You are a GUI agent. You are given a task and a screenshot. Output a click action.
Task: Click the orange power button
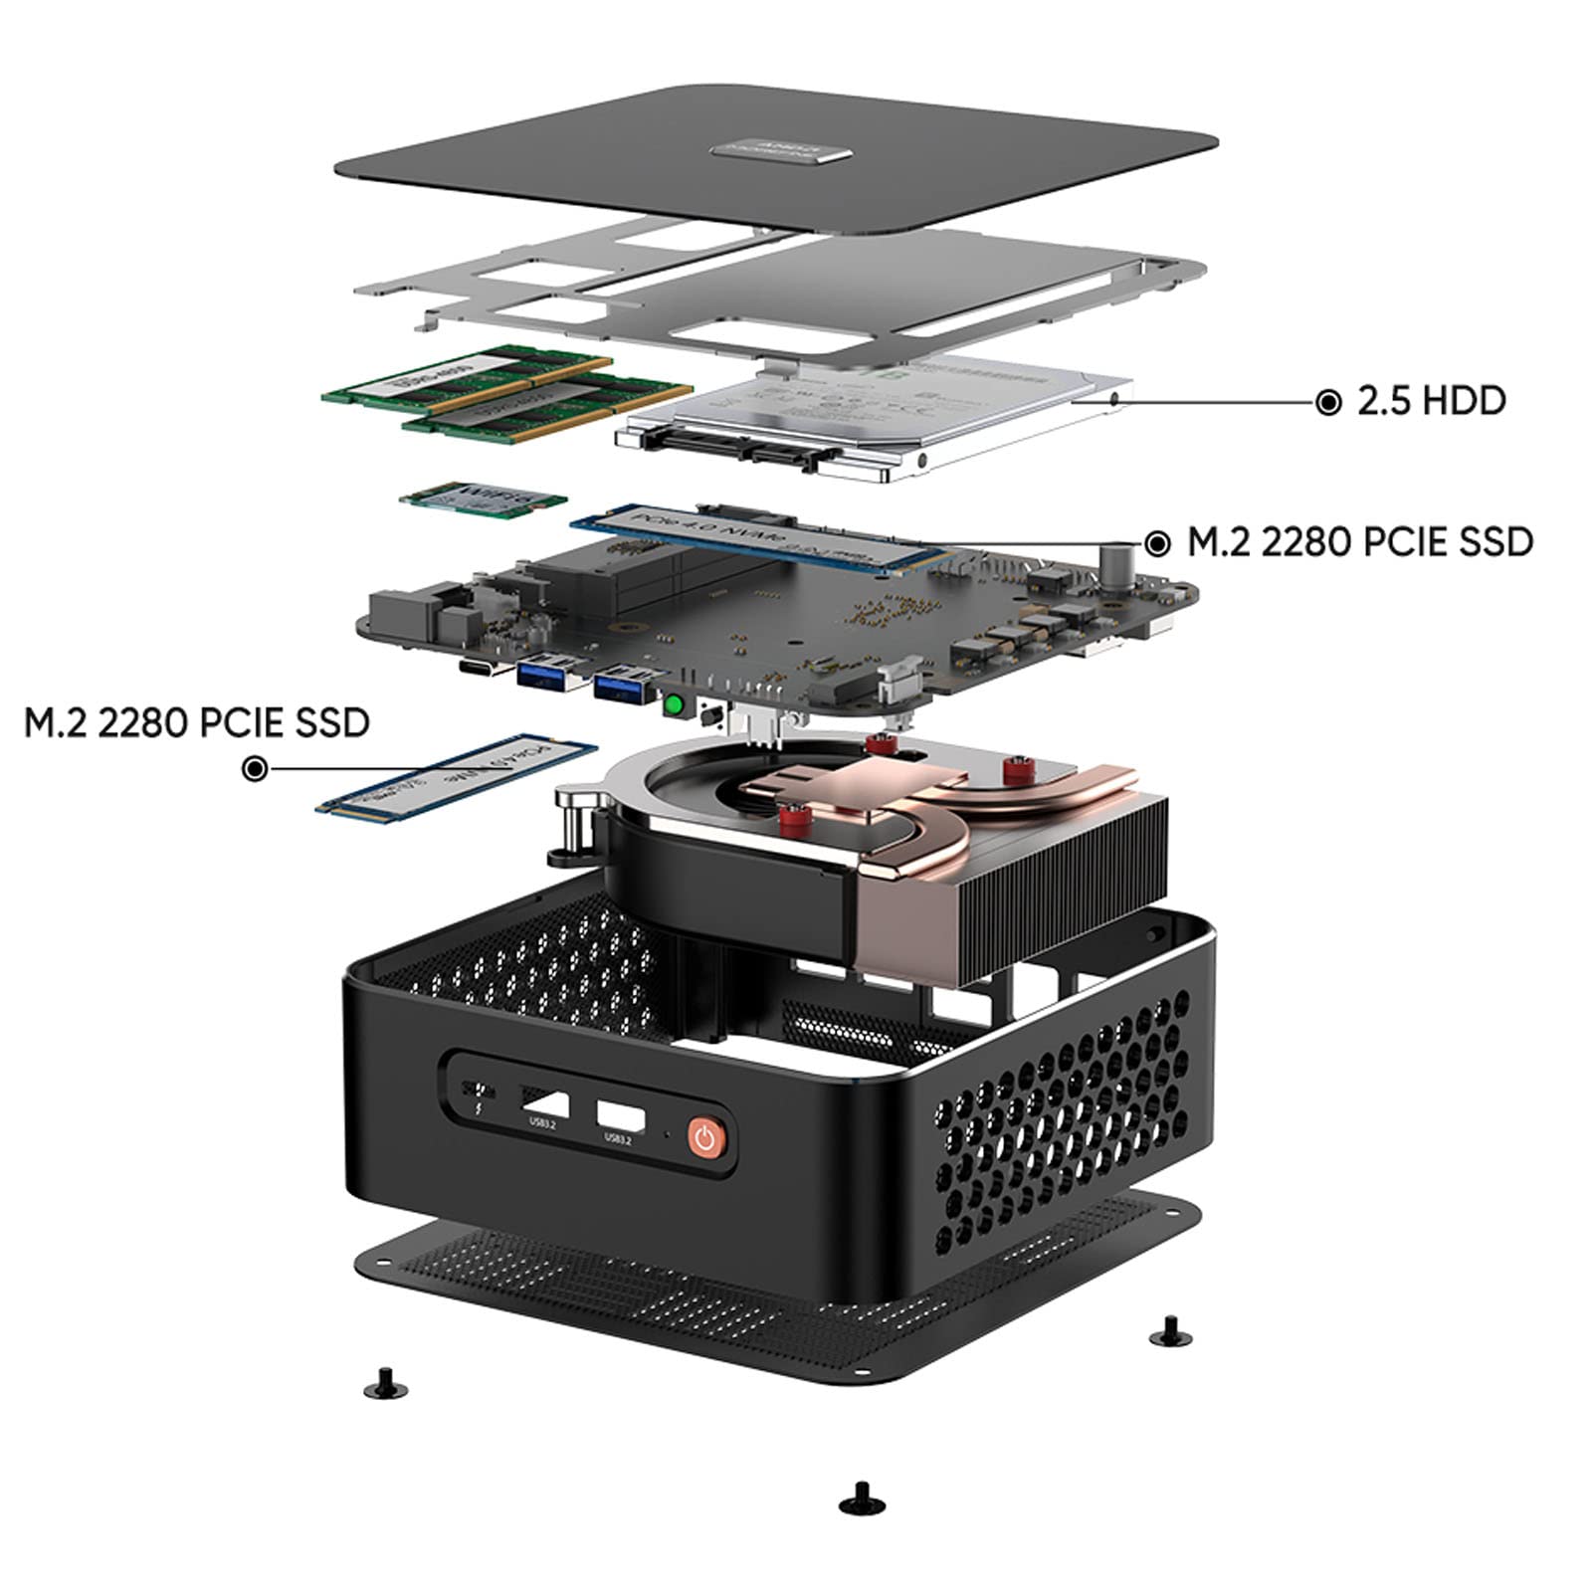[x=705, y=1137]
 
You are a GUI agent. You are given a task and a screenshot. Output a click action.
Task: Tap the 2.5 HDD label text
[x=1431, y=401]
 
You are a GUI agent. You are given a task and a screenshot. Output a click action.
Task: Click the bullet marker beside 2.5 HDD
[x=1327, y=402]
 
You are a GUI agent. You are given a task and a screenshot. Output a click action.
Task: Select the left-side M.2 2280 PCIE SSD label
[x=197, y=722]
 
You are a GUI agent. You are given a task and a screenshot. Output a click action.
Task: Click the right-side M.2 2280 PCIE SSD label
[x=1360, y=542]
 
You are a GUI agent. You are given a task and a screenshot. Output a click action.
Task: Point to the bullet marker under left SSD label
[x=256, y=768]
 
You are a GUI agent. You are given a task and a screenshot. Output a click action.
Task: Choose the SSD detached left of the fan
[x=458, y=775]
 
